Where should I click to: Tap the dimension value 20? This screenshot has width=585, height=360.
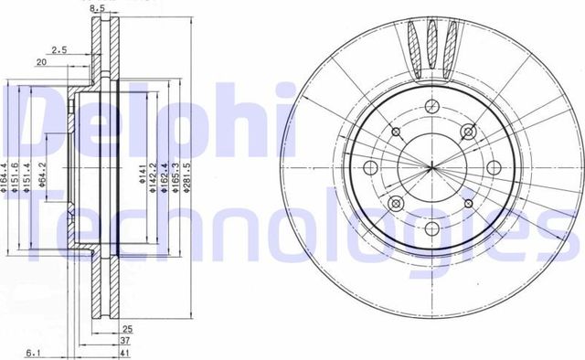pos(41,62)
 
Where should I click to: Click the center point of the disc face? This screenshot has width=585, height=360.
pos(430,167)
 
